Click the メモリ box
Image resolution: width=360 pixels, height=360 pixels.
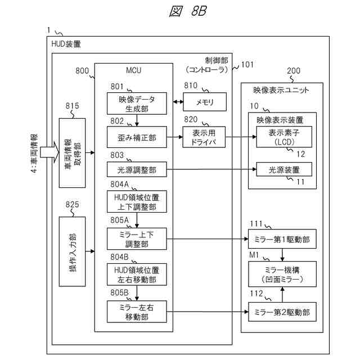205,102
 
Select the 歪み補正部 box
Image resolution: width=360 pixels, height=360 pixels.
137,137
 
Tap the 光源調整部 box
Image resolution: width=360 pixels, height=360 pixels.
137,169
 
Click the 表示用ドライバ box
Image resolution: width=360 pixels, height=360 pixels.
204,137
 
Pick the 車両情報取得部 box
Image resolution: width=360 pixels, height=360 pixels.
72,153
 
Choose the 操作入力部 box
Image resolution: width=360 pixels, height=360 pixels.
72,251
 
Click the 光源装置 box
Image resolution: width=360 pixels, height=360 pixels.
284,169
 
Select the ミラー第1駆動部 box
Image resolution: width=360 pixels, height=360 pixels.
282,239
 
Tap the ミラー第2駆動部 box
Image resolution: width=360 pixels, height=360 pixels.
282,312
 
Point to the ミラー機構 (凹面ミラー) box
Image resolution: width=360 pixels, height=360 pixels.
282,274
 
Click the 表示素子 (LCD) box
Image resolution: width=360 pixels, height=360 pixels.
284,137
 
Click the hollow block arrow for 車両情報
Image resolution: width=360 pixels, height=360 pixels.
49,152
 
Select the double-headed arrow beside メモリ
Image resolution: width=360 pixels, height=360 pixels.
178,101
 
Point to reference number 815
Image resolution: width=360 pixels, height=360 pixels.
72,106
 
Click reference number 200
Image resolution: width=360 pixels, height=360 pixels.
294,71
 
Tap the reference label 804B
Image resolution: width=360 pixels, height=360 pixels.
119,257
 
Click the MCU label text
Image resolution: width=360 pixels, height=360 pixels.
134,70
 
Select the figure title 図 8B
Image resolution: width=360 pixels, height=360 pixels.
188,11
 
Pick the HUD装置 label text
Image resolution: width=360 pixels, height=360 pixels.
66,44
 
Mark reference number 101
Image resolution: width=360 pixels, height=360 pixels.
247,65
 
